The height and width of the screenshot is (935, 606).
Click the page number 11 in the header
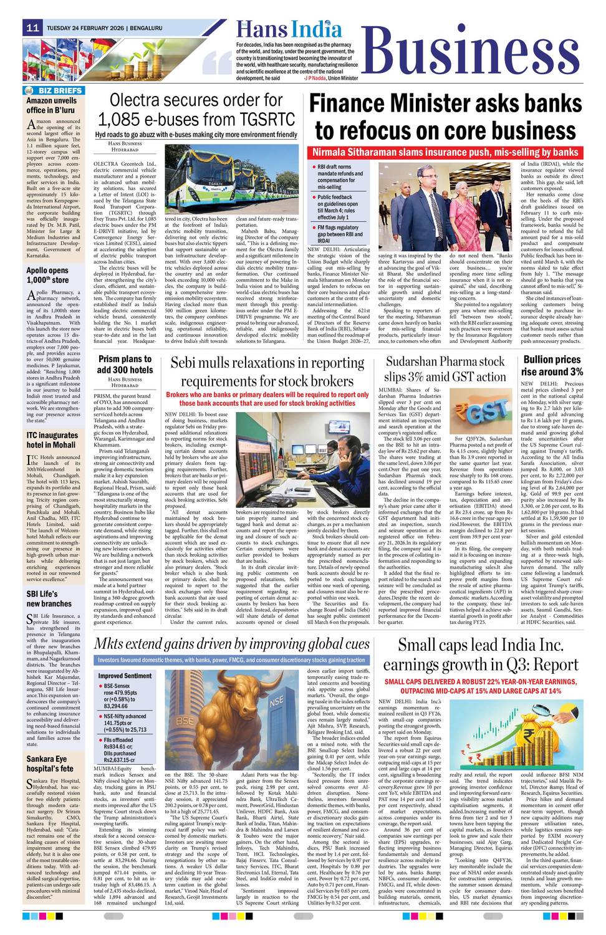33,28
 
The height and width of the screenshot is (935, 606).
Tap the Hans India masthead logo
289,29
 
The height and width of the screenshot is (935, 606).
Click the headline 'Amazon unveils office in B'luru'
52,105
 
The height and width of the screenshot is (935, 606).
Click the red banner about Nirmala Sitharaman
454,152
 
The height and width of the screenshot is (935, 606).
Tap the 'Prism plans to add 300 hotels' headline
125,365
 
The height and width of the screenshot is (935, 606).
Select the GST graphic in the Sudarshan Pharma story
478,412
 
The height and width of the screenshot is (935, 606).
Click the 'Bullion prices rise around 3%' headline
552,365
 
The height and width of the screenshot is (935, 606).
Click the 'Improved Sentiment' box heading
125,676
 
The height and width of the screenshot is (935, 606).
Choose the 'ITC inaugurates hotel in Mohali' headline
52,440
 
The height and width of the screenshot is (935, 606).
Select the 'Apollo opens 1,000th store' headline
47,276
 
